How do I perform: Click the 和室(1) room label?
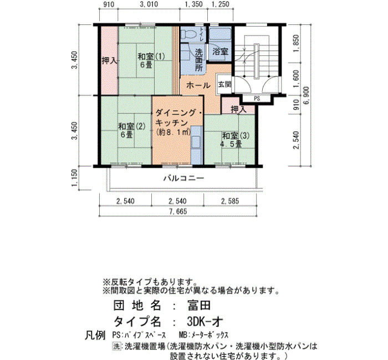(151, 56)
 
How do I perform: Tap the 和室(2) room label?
(132, 127)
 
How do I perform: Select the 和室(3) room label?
(236, 136)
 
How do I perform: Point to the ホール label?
(198, 85)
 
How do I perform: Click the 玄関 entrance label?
(224, 84)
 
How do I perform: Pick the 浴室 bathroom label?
(220, 52)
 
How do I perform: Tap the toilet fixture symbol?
(187, 34)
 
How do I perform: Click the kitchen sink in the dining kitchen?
(196, 141)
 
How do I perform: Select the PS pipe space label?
(257, 99)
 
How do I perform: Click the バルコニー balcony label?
(184, 178)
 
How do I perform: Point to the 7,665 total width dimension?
(178, 212)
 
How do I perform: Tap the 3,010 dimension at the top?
(149, 4)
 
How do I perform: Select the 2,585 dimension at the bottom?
(230, 201)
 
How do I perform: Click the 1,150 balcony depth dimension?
(74, 178)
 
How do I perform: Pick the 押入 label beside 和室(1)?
(109, 60)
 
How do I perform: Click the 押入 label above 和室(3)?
(238, 109)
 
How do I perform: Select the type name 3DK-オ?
(205, 322)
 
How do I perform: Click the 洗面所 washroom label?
(198, 60)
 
